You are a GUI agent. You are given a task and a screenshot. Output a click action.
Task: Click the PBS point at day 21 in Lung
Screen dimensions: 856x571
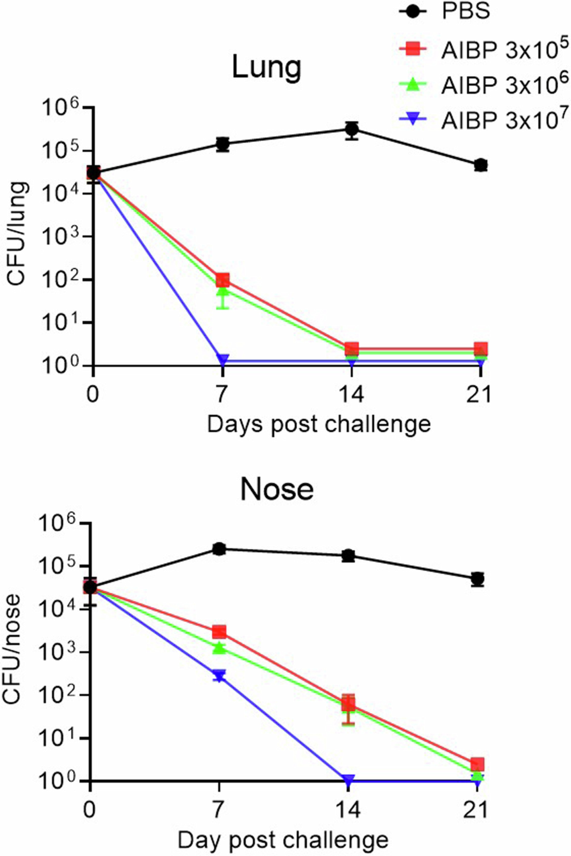[481, 165]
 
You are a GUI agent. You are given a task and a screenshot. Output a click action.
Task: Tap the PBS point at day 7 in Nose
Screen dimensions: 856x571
[219, 549]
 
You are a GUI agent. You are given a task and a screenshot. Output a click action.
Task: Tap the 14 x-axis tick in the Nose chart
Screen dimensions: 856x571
[348, 812]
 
